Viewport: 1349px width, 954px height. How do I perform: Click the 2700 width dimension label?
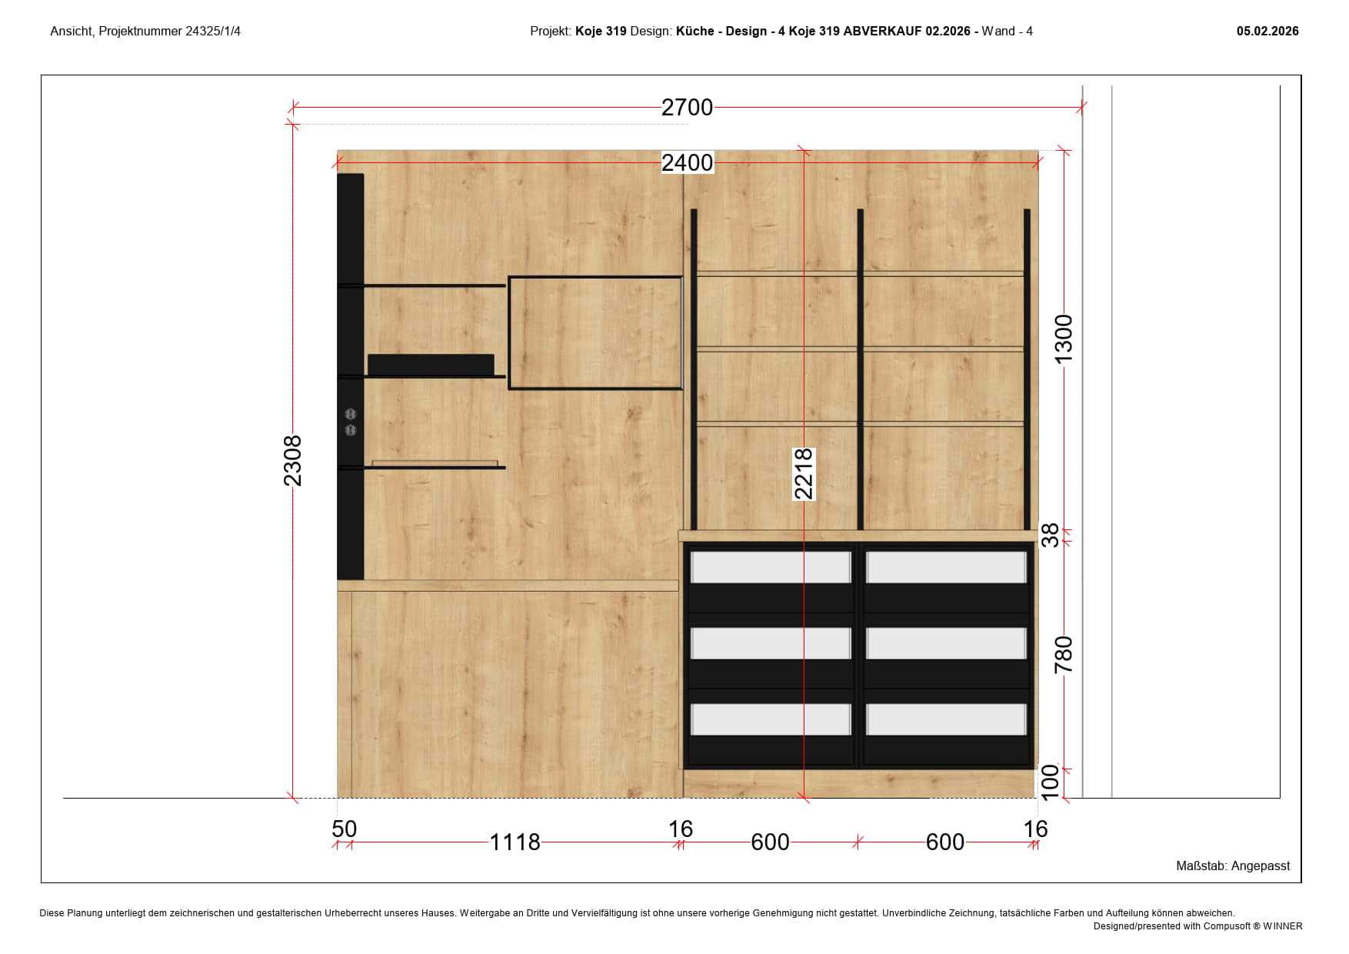687,107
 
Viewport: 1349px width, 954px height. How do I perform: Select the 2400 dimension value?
688,162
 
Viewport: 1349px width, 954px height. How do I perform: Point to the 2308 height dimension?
292,461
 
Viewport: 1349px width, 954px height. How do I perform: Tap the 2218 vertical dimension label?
804,474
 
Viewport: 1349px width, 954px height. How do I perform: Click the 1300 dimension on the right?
1064,339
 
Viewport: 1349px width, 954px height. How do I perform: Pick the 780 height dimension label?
1064,655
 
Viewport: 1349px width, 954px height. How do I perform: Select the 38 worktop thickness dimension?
1050,535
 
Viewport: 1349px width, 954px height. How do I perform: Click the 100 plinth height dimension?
1050,782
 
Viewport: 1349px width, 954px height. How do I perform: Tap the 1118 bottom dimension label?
515,842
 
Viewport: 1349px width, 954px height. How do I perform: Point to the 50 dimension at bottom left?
345,829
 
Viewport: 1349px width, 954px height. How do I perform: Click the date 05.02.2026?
1267,32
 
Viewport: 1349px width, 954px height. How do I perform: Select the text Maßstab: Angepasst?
1233,866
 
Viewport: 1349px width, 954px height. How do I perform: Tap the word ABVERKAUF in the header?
882,32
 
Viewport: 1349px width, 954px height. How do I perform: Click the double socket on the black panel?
351,422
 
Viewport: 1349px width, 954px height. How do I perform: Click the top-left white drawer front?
771,568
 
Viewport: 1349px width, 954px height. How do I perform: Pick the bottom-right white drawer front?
946,719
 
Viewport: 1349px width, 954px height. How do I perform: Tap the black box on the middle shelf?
431,365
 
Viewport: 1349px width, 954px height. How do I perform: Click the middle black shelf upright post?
860,369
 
